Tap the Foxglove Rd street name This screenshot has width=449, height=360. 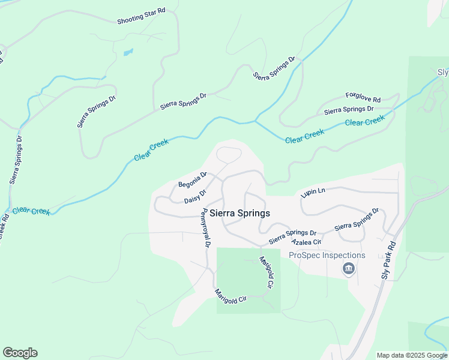(x=363, y=98)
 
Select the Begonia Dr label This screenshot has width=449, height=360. (x=193, y=179)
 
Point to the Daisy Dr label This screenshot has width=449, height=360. (x=195, y=196)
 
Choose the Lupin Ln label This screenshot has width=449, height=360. (x=313, y=191)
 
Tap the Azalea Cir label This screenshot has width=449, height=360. (x=306, y=242)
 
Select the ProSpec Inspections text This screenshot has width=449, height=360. (x=327, y=255)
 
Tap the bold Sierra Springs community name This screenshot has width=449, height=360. (x=240, y=213)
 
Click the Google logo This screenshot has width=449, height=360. (x=20, y=353)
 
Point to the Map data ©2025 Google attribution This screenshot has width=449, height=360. (x=412, y=355)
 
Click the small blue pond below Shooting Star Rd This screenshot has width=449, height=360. (x=128, y=52)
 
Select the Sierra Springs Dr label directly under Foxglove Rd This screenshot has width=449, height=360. (x=349, y=110)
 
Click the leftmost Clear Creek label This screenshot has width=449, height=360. (x=32, y=211)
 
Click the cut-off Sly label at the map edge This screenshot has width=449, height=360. (x=443, y=73)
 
